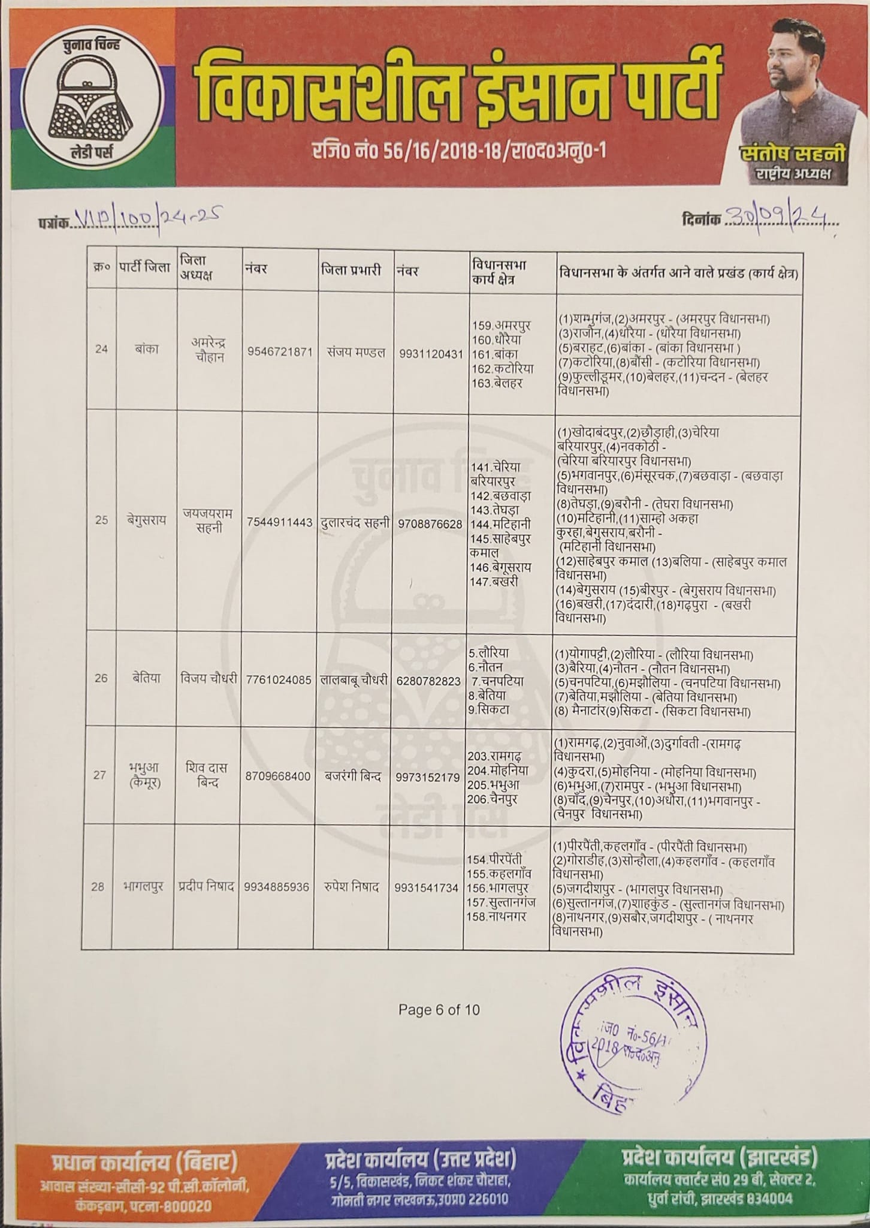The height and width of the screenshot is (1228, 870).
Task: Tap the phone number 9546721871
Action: pos(280,353)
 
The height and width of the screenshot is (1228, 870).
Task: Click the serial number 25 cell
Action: pos(101,520)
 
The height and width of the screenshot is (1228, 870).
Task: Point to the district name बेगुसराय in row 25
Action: pos(146,520)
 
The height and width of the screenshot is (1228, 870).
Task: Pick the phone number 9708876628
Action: pos(429,523)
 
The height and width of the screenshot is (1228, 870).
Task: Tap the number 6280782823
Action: pos(428,681)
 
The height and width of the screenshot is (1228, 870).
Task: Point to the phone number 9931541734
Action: pos(427,887)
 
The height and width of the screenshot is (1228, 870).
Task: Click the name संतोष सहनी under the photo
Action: pos(792,155)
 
